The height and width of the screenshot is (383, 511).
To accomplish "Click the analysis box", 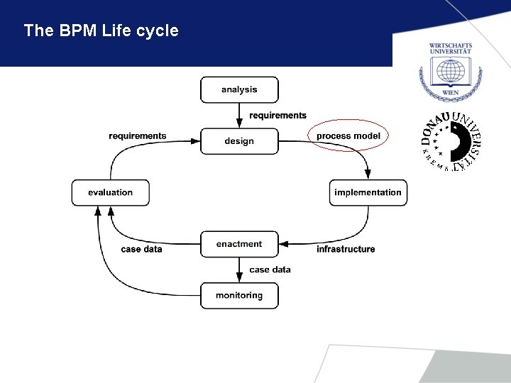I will [x=239, y=90].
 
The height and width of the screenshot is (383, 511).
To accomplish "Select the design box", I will [x=239, y=141].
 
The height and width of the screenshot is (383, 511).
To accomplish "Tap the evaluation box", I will [x=110, y=192].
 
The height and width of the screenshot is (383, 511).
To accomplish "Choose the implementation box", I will [x=368, y=192].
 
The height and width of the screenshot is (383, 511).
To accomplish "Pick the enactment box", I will [x=239, y=244].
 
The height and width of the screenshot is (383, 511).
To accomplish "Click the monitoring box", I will [x=239, y=295].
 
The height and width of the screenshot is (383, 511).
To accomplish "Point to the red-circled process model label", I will [x=348, y=135].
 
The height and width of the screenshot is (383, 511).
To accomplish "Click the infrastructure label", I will [x=346, y=249].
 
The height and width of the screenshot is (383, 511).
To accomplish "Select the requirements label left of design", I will [x=138, y=135].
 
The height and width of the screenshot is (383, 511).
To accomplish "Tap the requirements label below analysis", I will [x=278, y=116].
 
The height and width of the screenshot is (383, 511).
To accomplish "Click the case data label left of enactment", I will [x=141, y=249].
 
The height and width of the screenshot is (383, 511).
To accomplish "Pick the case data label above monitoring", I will [x=270, y=270].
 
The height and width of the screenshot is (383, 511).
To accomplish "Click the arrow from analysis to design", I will [x=239, y=115].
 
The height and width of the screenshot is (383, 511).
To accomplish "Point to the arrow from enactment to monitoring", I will [x=239, y=270].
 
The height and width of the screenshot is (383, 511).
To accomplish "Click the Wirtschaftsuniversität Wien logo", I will [x=450, y=70].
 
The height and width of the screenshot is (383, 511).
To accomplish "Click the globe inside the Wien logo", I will [x=450, y=73].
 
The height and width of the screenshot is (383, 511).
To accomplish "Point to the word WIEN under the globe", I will [x=450, y=92].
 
